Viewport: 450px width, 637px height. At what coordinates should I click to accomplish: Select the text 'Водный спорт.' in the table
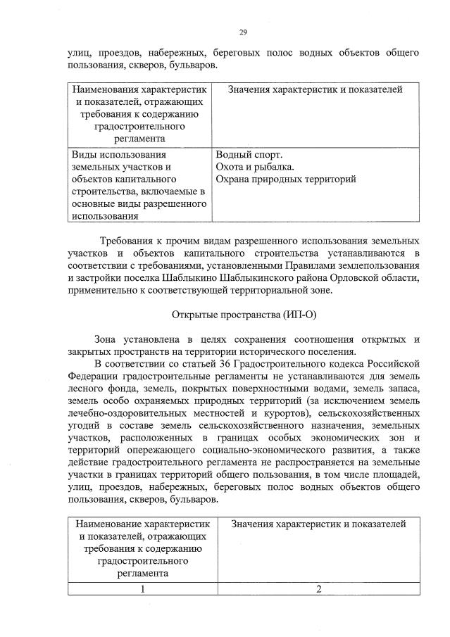click(x=249, y=154)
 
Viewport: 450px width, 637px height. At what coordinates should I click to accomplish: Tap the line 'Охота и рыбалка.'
click(x=255, y=166)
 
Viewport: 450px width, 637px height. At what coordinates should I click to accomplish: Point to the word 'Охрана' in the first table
click(x=236, y=179)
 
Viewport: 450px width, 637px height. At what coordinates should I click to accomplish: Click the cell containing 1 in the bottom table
click(x=143, y=589)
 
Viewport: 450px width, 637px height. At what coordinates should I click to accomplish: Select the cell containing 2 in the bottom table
click(x=318, y=589)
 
